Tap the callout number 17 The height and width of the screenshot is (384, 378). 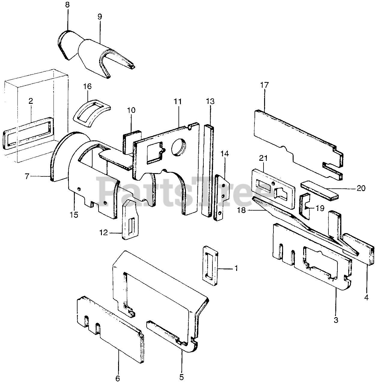(265, 85)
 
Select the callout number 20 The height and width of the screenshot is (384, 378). (361, 188)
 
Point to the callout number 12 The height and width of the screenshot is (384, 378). (103, 232)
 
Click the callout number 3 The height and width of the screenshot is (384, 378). (336, 320)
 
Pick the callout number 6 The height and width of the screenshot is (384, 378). (117, 378)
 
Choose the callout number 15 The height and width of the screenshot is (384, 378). (74, 215)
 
